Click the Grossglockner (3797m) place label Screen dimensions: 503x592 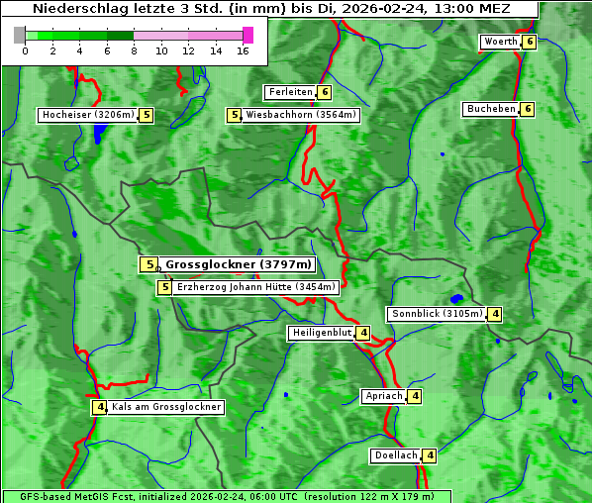[x=239, y=264]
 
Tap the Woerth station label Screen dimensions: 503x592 [x=501, y=42]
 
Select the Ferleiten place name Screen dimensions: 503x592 [x=291, y=92]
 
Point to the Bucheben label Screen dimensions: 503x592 [x=491, y=108]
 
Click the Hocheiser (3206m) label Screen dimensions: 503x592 [x=87, y=115]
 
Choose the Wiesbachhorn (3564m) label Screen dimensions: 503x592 [x=301, y=115]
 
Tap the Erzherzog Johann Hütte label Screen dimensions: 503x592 [x=256, y=287]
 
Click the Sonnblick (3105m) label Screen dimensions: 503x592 [x=437, y=314]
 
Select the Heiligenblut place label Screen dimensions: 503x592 [x=321, y=333]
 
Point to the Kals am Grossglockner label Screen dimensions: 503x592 [x=166, y=407]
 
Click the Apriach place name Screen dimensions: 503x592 [x=384, y=396]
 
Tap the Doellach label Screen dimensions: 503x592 [x=396, y=455]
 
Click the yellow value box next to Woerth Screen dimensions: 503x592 [x=530, y=42]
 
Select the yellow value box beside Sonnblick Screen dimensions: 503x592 [x=495, y=314]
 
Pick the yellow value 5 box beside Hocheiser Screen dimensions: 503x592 [x=146, y=115]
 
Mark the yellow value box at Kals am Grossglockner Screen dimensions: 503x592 [x=99, y=407]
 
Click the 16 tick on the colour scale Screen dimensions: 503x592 [x=242, y=50]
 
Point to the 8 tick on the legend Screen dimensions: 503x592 [x=134, y=50]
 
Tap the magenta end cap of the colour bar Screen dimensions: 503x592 [x=247, y=35]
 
